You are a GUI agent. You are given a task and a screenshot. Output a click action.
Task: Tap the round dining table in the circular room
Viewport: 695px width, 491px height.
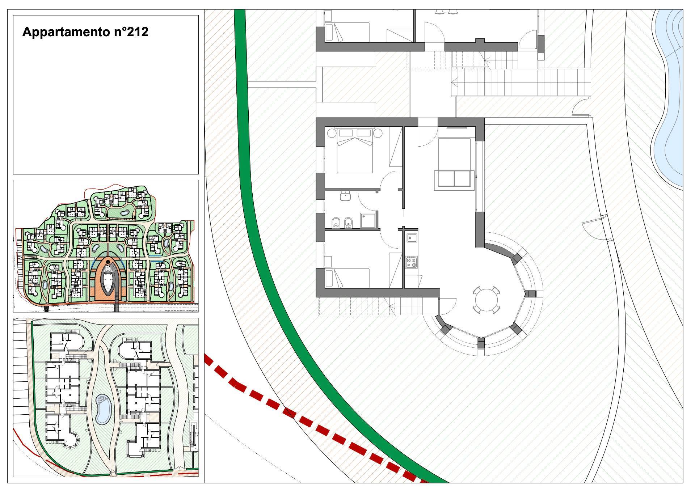tap(486, 300)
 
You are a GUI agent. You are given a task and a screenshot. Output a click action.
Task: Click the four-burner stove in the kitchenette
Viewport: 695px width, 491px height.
tap(412, 262)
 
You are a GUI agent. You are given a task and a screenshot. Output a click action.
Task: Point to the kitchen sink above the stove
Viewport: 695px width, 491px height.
tap(412, 238)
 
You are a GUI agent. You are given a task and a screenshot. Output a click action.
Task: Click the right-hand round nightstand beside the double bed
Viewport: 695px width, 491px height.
tap(378, 133)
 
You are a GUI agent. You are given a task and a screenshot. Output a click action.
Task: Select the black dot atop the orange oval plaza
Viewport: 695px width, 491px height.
tap(108, 262)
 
